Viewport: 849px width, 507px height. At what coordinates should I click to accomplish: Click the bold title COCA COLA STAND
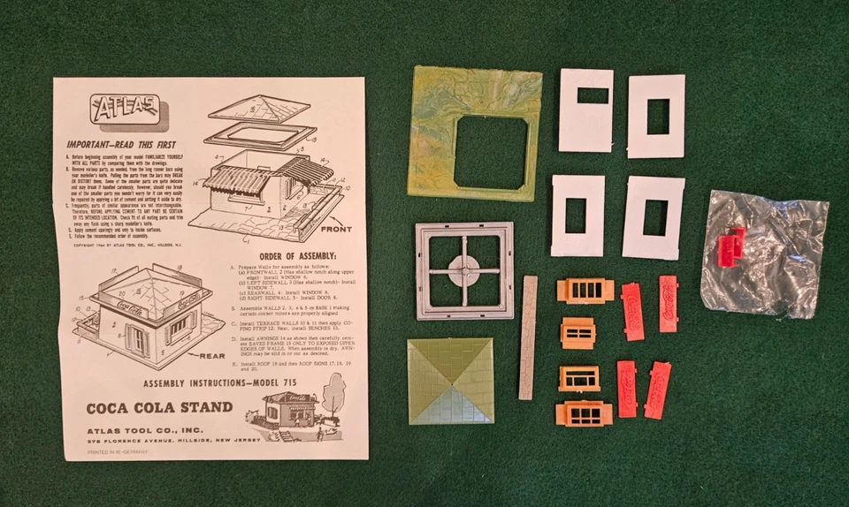(x=159, y=408)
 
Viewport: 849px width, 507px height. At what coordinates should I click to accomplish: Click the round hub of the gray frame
(x=464, y=270)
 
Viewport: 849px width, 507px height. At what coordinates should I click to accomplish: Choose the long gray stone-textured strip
(x=528, y=337)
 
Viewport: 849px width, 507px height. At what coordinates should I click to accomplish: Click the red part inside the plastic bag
(x=730, y=245)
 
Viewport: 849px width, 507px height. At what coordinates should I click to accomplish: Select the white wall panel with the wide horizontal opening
(x=585, y=110)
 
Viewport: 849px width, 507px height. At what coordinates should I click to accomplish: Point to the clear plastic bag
(x=766, y=256)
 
